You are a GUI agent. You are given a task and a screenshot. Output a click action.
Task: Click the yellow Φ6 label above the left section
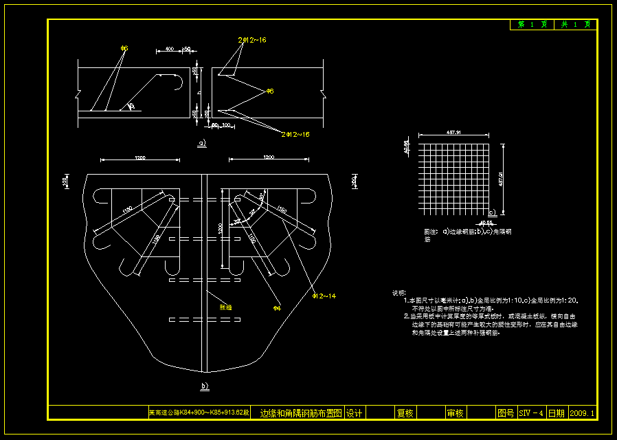pyautogui.click(x=124, y=48)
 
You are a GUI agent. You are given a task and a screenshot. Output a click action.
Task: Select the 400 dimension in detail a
pyautogui.click(x=169, y=49)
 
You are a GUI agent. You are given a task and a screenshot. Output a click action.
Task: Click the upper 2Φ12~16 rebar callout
pyautogui.click(x=252, y=41)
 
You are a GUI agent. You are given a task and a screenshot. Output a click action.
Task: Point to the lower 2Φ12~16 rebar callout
pyautogui.click(x=295, y=134)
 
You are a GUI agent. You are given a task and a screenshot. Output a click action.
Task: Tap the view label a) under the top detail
pyautogui.click(x=202, y=144)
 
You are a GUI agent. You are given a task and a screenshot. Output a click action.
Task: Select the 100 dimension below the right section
pyautogui.click(x=227, y=125)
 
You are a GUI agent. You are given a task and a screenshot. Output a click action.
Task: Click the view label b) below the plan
pyautogui.click(x=204, y=386)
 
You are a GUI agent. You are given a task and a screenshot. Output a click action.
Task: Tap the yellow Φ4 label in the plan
pyautogui.click(x=277, y=307)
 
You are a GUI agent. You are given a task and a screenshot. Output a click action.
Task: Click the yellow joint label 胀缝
pyautogui.click(x=225, y=307)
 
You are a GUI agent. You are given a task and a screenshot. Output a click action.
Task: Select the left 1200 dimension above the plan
pyautogui.click(x=140, y=158)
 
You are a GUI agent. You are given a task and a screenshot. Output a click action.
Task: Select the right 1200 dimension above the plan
pyautogui.click(x=269, y=158)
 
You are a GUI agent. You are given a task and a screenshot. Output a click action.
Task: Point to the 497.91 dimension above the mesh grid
pyautogui.click(x=453, y=132)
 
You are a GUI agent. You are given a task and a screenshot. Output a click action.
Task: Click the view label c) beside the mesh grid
pyautogui.click(x=491, y=212)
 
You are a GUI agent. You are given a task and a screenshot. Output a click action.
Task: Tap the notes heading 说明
pyautogui.click(x=399, y=292)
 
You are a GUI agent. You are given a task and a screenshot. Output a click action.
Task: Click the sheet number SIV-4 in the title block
pyautogui.click(x=531, y=413)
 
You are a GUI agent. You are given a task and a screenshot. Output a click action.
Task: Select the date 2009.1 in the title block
pyautogui.click(x=582, y=413)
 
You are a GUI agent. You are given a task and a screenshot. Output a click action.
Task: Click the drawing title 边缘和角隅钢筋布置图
pyautogui.click(x=301, y=413)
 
